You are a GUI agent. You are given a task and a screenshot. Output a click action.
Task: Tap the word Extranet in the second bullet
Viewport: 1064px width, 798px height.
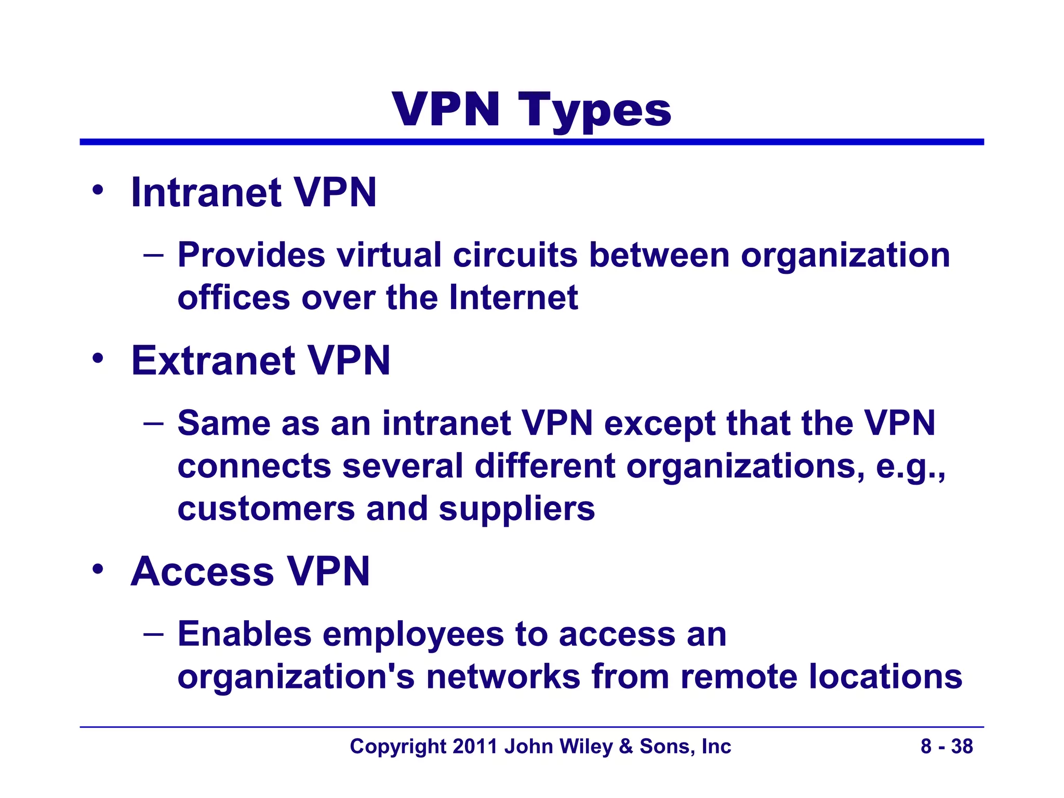pyautogui.click(x=214, y=361)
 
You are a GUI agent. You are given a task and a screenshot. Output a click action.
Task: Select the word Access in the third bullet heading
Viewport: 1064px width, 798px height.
pyautogui.click(x=202, y=571)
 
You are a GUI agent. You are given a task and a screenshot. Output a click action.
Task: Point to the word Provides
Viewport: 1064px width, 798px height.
pyautogui.click(x=251, y=255)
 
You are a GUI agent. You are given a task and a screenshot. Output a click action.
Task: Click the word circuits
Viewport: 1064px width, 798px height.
pyautogui.click(x=515, y=255)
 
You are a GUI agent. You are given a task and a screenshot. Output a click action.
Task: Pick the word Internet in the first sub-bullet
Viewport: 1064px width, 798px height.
pyautogui.click(x=513, y=298)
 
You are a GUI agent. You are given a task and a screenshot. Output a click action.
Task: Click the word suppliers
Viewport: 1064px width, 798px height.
pyautogui.click(x=517, y=509)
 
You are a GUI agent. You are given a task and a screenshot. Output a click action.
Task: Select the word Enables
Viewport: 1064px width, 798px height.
pyautogui.click(x=245, y=634)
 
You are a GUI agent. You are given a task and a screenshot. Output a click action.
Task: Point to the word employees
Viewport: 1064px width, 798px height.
pyautogui.click(x=413, y=635)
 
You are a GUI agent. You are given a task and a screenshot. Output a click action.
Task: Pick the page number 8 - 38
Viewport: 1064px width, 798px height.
pyautogui.click(x=947, y=747)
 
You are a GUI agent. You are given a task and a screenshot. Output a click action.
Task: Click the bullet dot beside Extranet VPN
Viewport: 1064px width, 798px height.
pyautogui.click(x=98, y=358)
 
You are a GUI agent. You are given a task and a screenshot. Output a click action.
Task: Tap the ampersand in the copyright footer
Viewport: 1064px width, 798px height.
pyautogui.click(x=626, y=747)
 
